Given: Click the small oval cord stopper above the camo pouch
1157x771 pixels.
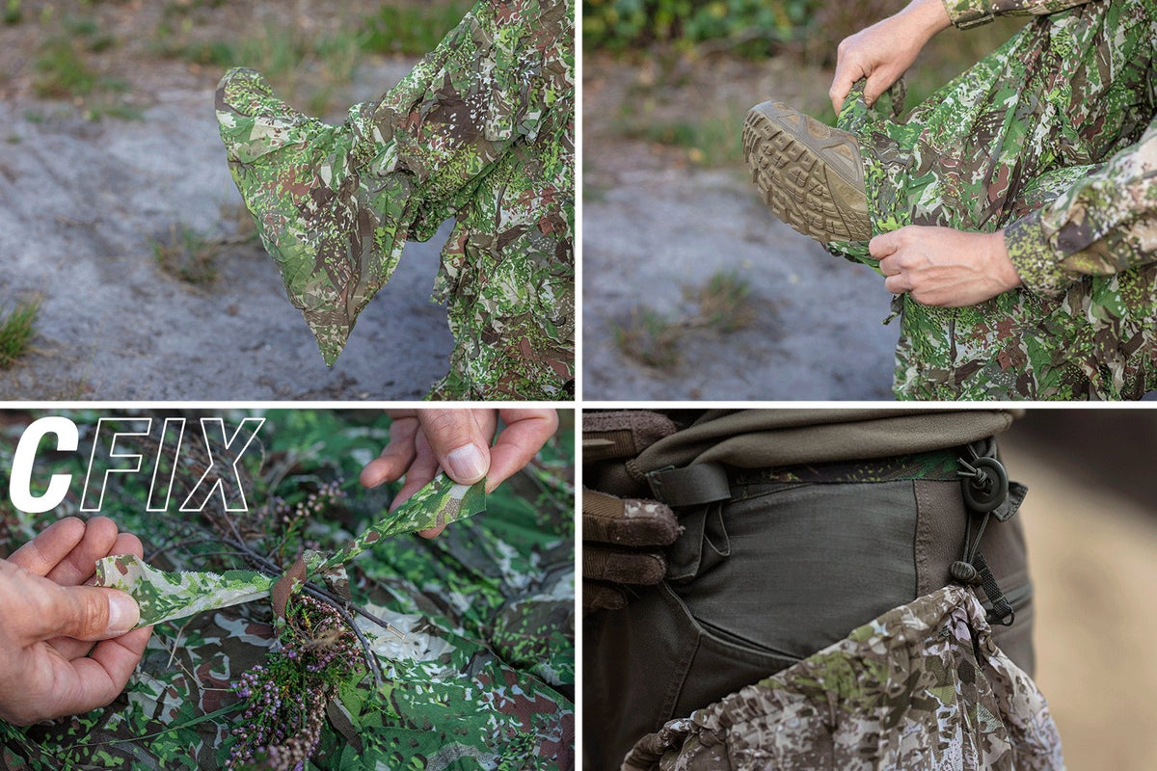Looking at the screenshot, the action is point(964,572).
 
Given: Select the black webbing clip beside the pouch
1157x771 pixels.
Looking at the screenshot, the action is point(994,594).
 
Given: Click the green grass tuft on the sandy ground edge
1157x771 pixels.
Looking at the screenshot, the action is point(18,331).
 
